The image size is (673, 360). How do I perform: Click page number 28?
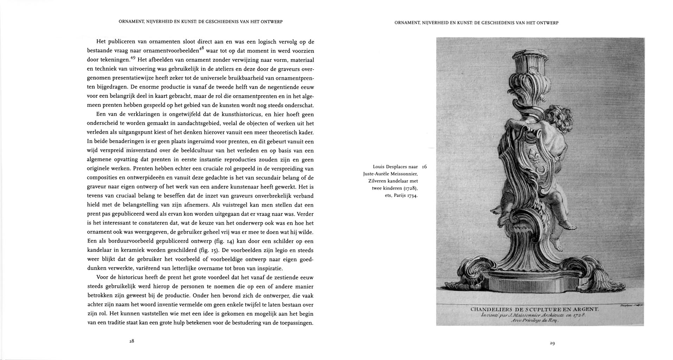(x=132, y=341)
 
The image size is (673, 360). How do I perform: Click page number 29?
(x=552, y=343)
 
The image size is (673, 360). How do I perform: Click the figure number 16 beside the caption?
(x=424, y=167)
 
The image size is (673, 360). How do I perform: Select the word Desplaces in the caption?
(x=394, y=167)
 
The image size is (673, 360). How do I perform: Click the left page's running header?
(x=201, y=22)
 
